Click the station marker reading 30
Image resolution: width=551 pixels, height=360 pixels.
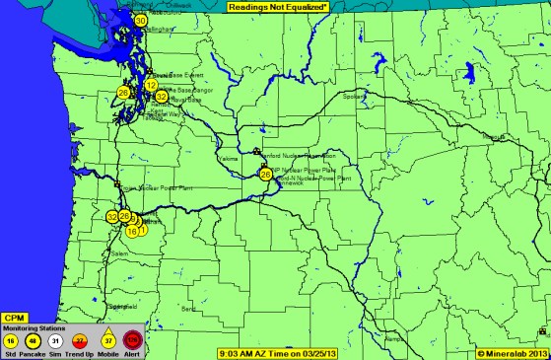pos(141,20)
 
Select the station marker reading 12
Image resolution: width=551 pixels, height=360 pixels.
pos(151,86)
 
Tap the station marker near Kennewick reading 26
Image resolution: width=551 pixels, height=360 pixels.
pos(265,175)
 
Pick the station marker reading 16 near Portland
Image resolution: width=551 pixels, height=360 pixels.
pos(132,232)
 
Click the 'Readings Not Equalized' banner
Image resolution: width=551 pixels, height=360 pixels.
pos(276,6)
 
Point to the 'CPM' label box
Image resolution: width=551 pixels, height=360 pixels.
pos(15,318)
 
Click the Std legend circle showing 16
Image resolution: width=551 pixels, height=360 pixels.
pos(12,340)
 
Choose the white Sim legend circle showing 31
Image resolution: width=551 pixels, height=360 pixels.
pos(57,340)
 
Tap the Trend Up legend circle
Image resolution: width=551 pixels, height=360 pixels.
pos(82,340)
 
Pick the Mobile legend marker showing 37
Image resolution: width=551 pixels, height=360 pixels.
pos(107,340)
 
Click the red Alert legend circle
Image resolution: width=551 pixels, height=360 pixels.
pos(133,340)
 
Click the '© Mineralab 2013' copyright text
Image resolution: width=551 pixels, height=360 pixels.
pos(512,352)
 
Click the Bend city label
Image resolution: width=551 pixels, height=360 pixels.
pos(189,309)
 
